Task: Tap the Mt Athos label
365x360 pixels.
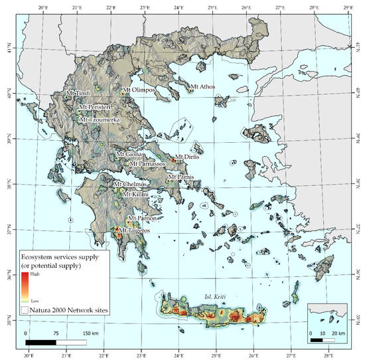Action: click(x=203, y=86)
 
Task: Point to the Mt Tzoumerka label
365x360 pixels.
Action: click(x=102, y=120)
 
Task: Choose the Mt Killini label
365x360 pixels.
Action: click(x=133, y=193)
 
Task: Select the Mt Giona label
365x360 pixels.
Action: click(x=129, y=154)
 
